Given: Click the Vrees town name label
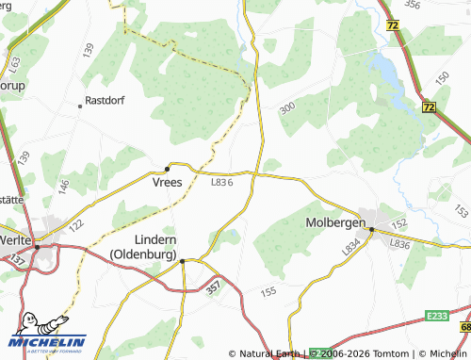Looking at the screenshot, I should tap(168, 184).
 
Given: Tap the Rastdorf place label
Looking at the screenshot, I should tap(106, 99).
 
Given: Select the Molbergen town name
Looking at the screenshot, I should tap(333, 223).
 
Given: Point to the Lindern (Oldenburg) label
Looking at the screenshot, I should tap(143, 247).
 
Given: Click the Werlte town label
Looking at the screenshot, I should tap(14, 240).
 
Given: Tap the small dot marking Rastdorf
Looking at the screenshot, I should tap(80, 106).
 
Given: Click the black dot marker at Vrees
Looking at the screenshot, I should tap(168, 169).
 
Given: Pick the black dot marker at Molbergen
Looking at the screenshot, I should tap(371, 229).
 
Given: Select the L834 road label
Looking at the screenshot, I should tap(351, 248).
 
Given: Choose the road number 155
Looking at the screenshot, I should tap(268, 293).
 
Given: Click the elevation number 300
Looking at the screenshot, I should tap(286, 108).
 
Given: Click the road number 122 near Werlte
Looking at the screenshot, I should tap(76, 225).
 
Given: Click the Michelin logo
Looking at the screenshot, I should tap(47, 336).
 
